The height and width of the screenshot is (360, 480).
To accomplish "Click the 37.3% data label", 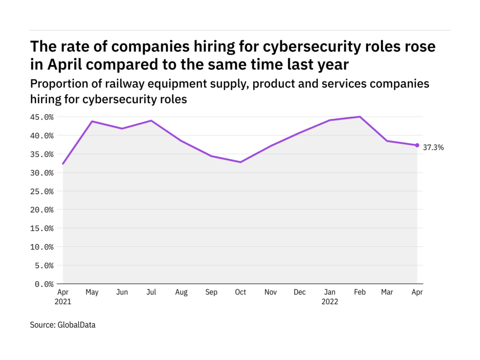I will click(x=433, y=147).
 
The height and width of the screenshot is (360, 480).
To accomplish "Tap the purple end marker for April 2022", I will click(x=417, y=145).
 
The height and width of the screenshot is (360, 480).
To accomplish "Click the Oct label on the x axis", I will click(x=240, y=292).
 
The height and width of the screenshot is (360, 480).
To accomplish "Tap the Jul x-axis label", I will click(x=151, y=292).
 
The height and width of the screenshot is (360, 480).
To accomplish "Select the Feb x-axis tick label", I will click(x=359, y=292).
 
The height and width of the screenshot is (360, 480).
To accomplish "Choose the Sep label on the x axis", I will click(x=211, y=292).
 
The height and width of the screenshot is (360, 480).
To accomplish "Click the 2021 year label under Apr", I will click(x=63, y=302).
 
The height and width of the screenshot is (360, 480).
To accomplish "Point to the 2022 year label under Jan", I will click(x=330, y=302).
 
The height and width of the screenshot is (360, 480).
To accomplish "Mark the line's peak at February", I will click(x=360, y=117).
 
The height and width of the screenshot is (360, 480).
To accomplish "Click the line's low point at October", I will click(x=240, y=162).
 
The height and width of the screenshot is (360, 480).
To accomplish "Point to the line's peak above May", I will click(x=92, y=121).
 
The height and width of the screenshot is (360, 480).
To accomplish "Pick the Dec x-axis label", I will click(x=300, y=292).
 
